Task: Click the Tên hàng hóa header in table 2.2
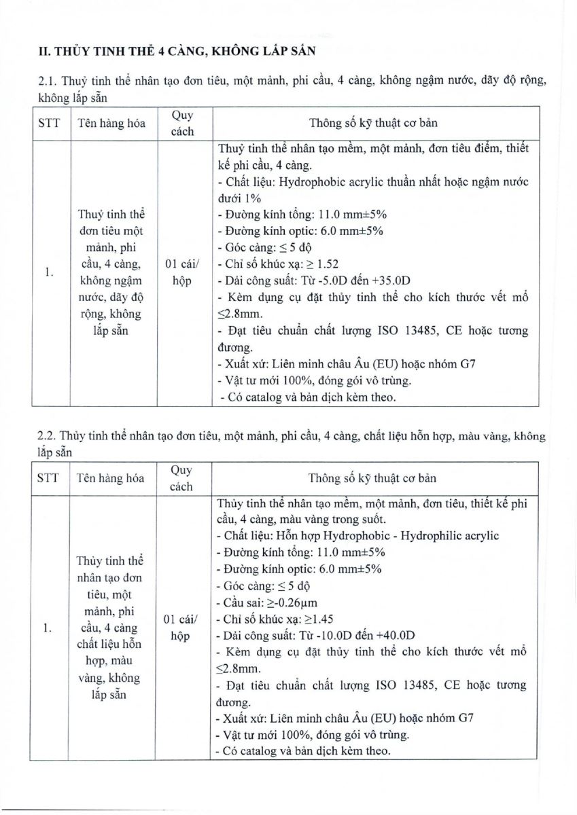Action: pos(110,478)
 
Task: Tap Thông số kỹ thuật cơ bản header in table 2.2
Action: pos(372,478)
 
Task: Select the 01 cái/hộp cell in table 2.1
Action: pos(181,272)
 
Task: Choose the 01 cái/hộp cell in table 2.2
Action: pos(181,628)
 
